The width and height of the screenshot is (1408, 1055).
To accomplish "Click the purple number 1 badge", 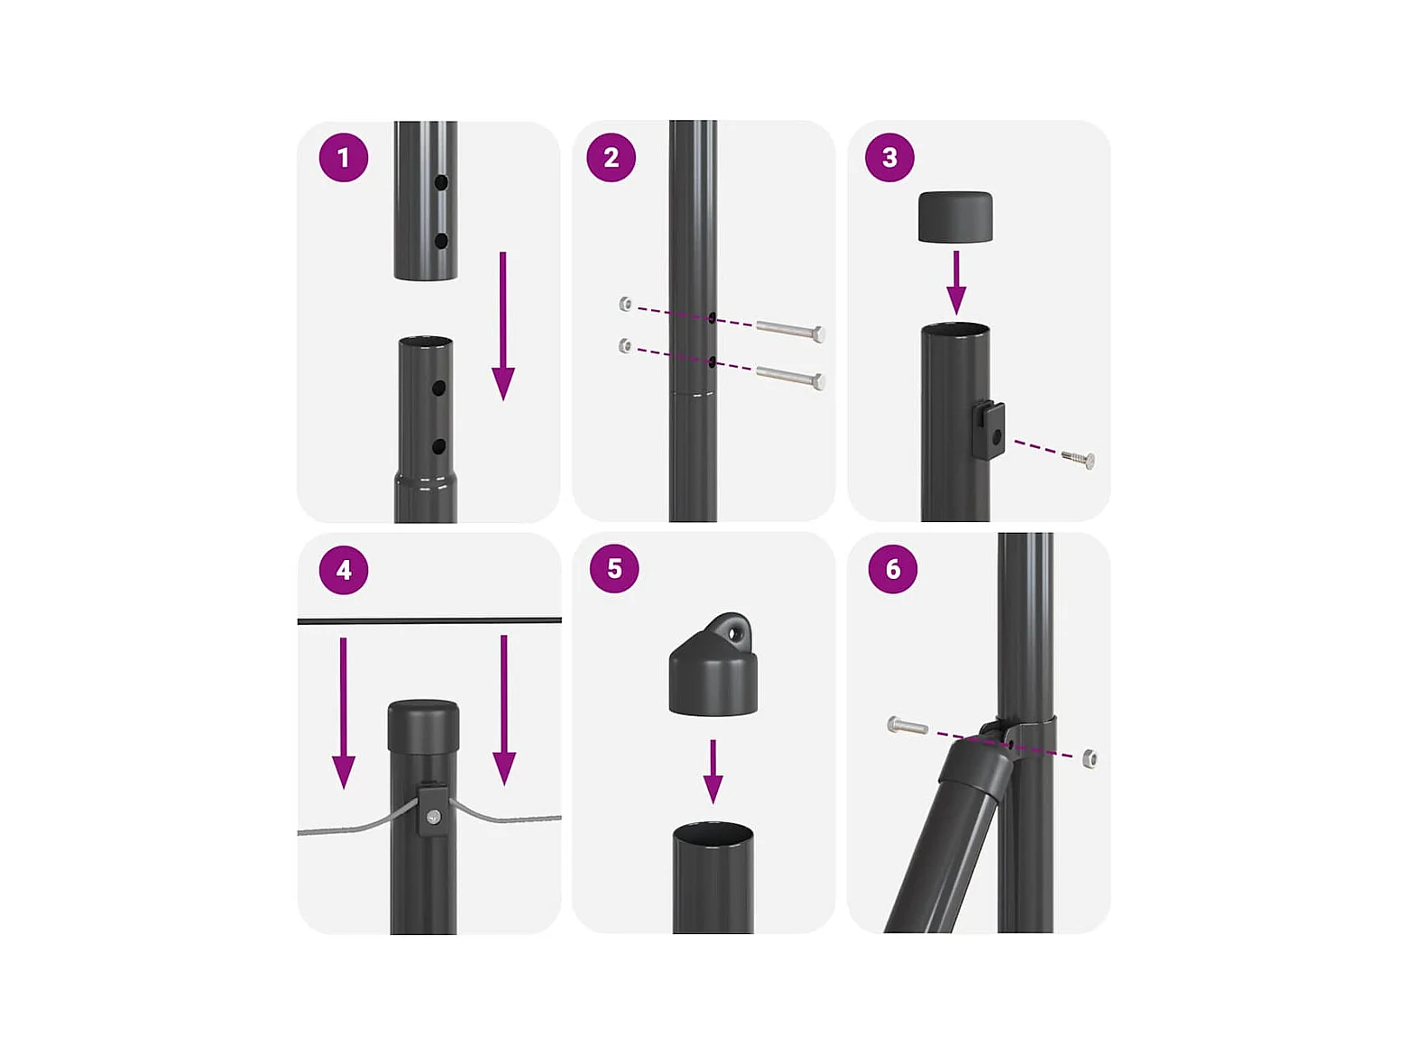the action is coord(343,158).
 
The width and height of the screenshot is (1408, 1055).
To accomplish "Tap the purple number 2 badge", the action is coord(611,158).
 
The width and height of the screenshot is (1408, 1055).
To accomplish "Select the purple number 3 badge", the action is coord(889,158).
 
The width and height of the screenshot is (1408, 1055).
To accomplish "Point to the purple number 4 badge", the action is coord(343,570).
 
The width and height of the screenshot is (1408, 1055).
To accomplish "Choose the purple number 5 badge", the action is coord(614,568).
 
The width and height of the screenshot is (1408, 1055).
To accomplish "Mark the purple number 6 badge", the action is coord(892,568).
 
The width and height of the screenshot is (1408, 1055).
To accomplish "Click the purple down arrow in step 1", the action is coord(503,326).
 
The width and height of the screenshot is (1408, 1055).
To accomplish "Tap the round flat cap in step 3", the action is coord(955,216).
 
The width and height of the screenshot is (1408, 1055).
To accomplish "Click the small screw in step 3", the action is coord(1078,458).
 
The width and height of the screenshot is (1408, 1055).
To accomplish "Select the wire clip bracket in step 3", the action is coord(988,429).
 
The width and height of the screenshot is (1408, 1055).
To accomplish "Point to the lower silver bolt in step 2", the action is coord(790,376).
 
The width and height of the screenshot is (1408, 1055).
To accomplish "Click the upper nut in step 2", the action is coord(626,303).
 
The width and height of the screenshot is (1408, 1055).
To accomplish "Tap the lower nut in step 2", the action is coord(625,346).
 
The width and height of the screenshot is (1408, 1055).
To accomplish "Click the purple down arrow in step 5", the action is coord(713,772).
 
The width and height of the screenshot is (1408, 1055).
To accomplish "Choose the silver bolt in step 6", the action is coord(907,726).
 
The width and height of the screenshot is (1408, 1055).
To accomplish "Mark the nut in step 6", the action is coord(1090,759).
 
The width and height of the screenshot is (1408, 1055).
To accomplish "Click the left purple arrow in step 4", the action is coord(343,712).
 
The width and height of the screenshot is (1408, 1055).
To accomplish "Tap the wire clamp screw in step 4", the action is coord(434,816).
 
